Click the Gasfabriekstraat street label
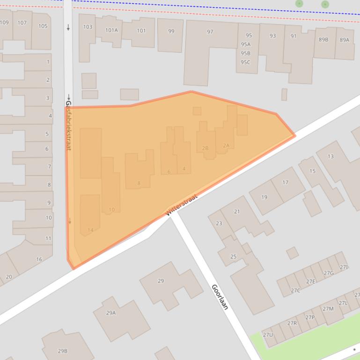68,125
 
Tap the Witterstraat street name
182,205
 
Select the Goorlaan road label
220,297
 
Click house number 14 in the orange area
90,230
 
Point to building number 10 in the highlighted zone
111,209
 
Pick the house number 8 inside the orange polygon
139,183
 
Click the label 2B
205,148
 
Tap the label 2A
226,145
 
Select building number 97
210,32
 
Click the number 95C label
245,62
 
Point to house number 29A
110,313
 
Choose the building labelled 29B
62,351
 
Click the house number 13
331,156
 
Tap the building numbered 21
237,211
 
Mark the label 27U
268,335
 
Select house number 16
39,259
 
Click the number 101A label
111,30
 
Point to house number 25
233,257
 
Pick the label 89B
323,40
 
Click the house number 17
285,182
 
